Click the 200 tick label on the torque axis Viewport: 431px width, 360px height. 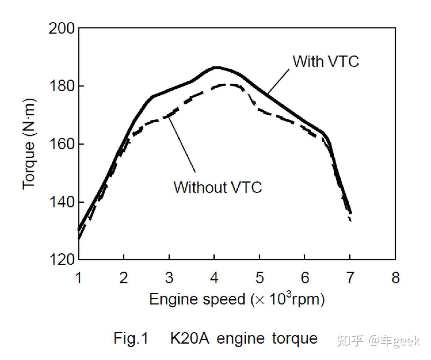61,29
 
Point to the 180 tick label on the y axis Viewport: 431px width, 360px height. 61,86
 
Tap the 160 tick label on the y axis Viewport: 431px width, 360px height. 61,144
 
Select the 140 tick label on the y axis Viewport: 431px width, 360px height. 61,202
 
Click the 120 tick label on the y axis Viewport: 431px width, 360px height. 61,259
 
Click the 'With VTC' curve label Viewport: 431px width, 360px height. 326,61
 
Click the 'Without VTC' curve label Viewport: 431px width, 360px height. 218,187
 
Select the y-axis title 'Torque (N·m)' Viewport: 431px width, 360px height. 29,144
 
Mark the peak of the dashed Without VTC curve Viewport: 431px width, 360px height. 229,85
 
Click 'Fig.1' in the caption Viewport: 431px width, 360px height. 131,338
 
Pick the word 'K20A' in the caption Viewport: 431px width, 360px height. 189,338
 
